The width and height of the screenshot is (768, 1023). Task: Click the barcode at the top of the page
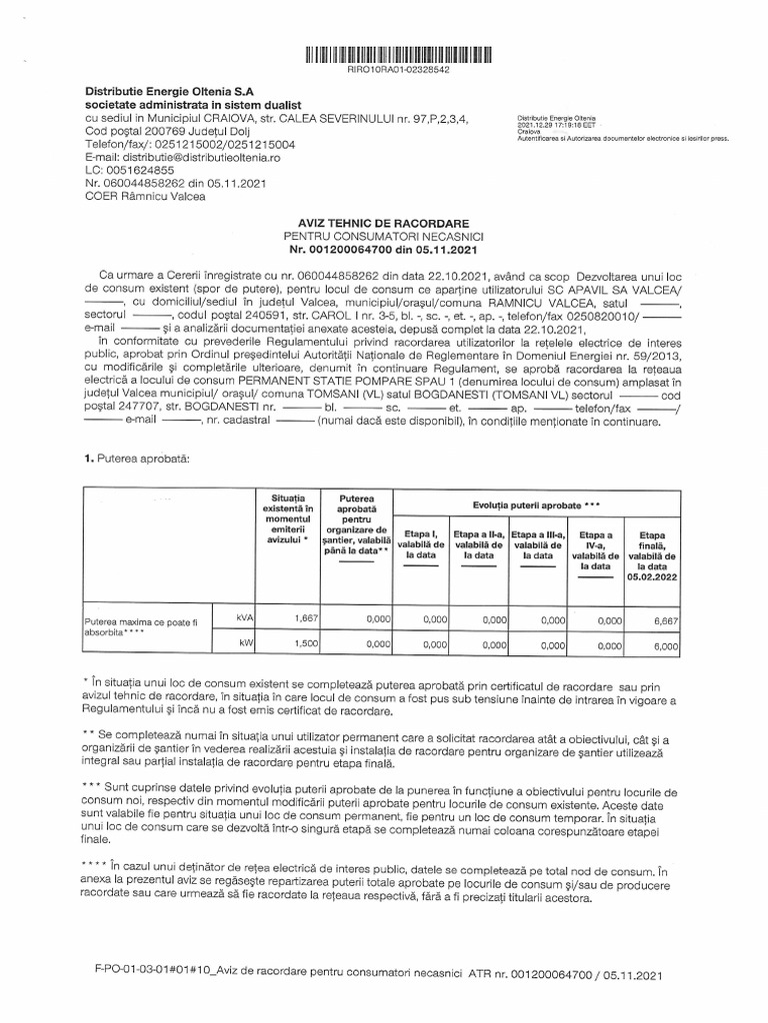pyautogui.click(x=384, y=54)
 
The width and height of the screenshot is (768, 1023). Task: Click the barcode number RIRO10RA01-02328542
pyautogui.click(x=385, y=71)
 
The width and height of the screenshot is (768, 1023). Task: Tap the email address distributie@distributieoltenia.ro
pyautogui.click(x=197, y=157)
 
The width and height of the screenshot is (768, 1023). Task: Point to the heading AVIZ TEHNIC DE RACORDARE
pyautogui.click(x=384, y=221)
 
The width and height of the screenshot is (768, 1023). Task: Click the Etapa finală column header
pyautogui.click(x=652, y=555)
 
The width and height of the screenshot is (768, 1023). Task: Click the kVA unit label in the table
pyautogui.click(x=245, y=619)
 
